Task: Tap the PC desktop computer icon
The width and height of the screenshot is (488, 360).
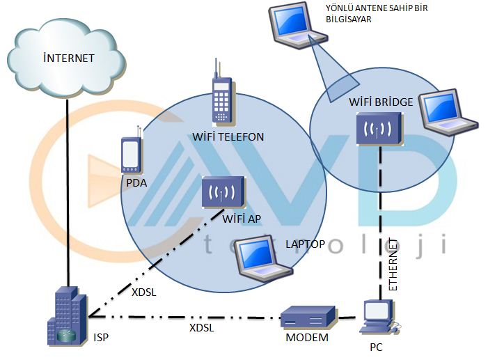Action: point(379,318)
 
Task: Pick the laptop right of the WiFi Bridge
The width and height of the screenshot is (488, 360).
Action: point(448,111)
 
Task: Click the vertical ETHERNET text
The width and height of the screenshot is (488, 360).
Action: point(393,265)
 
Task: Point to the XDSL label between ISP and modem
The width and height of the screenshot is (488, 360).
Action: point(201,327)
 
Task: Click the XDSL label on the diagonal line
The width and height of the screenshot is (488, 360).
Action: point(143,292)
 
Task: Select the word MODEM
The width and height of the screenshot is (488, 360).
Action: point(307,338)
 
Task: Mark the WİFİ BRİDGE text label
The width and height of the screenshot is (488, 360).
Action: point(381,102)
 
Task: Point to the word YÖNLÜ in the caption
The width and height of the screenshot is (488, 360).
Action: point(342,8)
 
